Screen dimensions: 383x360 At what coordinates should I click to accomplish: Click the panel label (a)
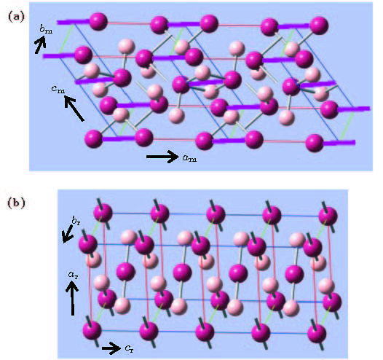coord(16,17)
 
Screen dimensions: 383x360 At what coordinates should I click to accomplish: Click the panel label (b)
coord(16,203)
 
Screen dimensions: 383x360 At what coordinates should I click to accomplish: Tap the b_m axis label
coord(46,29)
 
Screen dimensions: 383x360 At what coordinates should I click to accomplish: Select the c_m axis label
coord(58,89)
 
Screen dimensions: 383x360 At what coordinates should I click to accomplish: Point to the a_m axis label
coord(189,158)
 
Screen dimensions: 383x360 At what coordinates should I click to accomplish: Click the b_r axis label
coord(76,221)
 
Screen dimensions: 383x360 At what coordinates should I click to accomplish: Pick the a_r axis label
coord(73,275)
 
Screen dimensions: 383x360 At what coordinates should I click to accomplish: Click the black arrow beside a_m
coord(162,157)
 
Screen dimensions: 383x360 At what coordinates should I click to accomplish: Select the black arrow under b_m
coord(40,44)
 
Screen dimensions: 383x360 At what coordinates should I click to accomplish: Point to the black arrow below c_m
coord(74,109)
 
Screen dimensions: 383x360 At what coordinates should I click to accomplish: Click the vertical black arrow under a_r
coord(72,298)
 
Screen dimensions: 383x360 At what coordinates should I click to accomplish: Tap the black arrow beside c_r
coord(111,348)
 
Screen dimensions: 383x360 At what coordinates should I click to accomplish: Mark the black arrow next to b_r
coord(68,234)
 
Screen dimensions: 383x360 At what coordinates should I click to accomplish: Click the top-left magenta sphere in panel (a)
coord(98,22)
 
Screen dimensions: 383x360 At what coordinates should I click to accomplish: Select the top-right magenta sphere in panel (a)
coord(319,26)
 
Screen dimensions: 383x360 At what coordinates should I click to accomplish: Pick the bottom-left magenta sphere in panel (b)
coord(92,330)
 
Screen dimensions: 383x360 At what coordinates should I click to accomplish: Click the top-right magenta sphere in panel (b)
coord(328,216)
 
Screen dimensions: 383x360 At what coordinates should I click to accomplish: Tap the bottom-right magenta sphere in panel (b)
coord(317,334)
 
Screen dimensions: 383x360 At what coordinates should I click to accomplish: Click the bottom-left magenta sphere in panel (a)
coord(93,138)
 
